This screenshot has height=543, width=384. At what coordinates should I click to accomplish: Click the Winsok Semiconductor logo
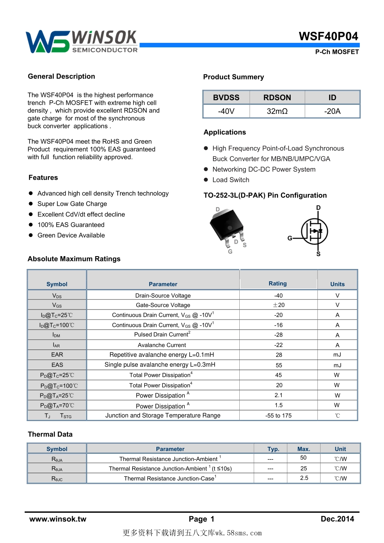pyautogui.click(x=81, y=42)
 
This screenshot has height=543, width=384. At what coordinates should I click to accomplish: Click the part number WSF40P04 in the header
pyautogui.click(x=328, y=36)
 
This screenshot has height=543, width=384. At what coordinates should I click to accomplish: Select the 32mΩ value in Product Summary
pyautogui.click(x=277, y=111)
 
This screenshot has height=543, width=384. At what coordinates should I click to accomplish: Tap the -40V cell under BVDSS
pyautogui.click(x=226, y=111)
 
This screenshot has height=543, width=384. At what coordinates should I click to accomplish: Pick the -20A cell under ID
pyautogui.click(x=332, y=111)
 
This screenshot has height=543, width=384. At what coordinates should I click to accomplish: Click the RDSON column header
pyautogui.click(x=277, y=97)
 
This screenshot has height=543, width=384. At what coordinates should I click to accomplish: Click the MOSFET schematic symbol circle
pyautogui.click(x=314, y=232)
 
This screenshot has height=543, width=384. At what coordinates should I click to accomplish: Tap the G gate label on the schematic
pyautogui.click(x=290, y=238)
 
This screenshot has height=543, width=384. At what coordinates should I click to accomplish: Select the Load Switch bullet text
pyautogui.click(x=231, y=180)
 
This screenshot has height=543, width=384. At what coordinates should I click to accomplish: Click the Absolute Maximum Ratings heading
pyautogui.click(x=74, y=259)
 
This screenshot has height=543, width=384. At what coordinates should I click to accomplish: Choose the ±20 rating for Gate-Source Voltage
pyautogui.click(x=279, y=305)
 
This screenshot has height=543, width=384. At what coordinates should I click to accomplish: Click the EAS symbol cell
pyautogui.click(x=57, y=365)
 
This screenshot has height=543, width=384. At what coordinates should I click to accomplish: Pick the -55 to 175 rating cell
pyautogui.click(x=278, y=415)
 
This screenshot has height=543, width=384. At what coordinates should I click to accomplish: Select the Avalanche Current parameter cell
pyautogui.click(x=162, y=345)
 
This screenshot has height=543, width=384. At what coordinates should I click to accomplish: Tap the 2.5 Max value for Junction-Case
pyautogui.click(x=304, y=478)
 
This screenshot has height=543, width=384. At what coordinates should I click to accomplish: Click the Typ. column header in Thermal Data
pyautogui.click(x=273, y=449)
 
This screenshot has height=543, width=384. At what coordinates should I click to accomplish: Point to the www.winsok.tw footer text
pyautogui.click(x=58, y=519)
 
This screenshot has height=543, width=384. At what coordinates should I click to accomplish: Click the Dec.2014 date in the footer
pyautogui.click(x=337, y=519)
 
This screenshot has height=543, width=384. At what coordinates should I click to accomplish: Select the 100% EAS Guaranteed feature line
pyautogui.click(x=71, y=225)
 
